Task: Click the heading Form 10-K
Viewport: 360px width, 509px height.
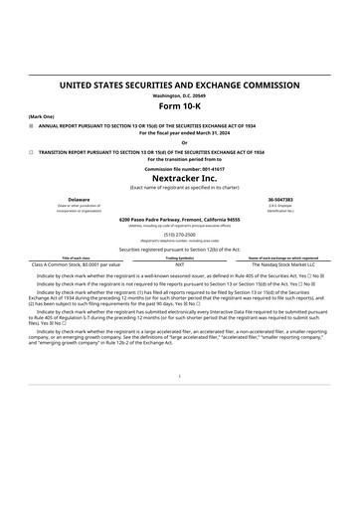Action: point(179,107)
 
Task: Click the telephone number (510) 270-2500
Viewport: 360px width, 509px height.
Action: point(179,236)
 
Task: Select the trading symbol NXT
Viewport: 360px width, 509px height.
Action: point(179,265)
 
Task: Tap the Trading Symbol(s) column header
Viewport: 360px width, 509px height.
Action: point(179,258)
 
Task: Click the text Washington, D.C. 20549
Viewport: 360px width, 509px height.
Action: point(179,95)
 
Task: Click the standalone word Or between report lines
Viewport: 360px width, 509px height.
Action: point(179,142)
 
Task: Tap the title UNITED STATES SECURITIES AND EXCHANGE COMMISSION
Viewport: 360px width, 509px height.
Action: point(179,86)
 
